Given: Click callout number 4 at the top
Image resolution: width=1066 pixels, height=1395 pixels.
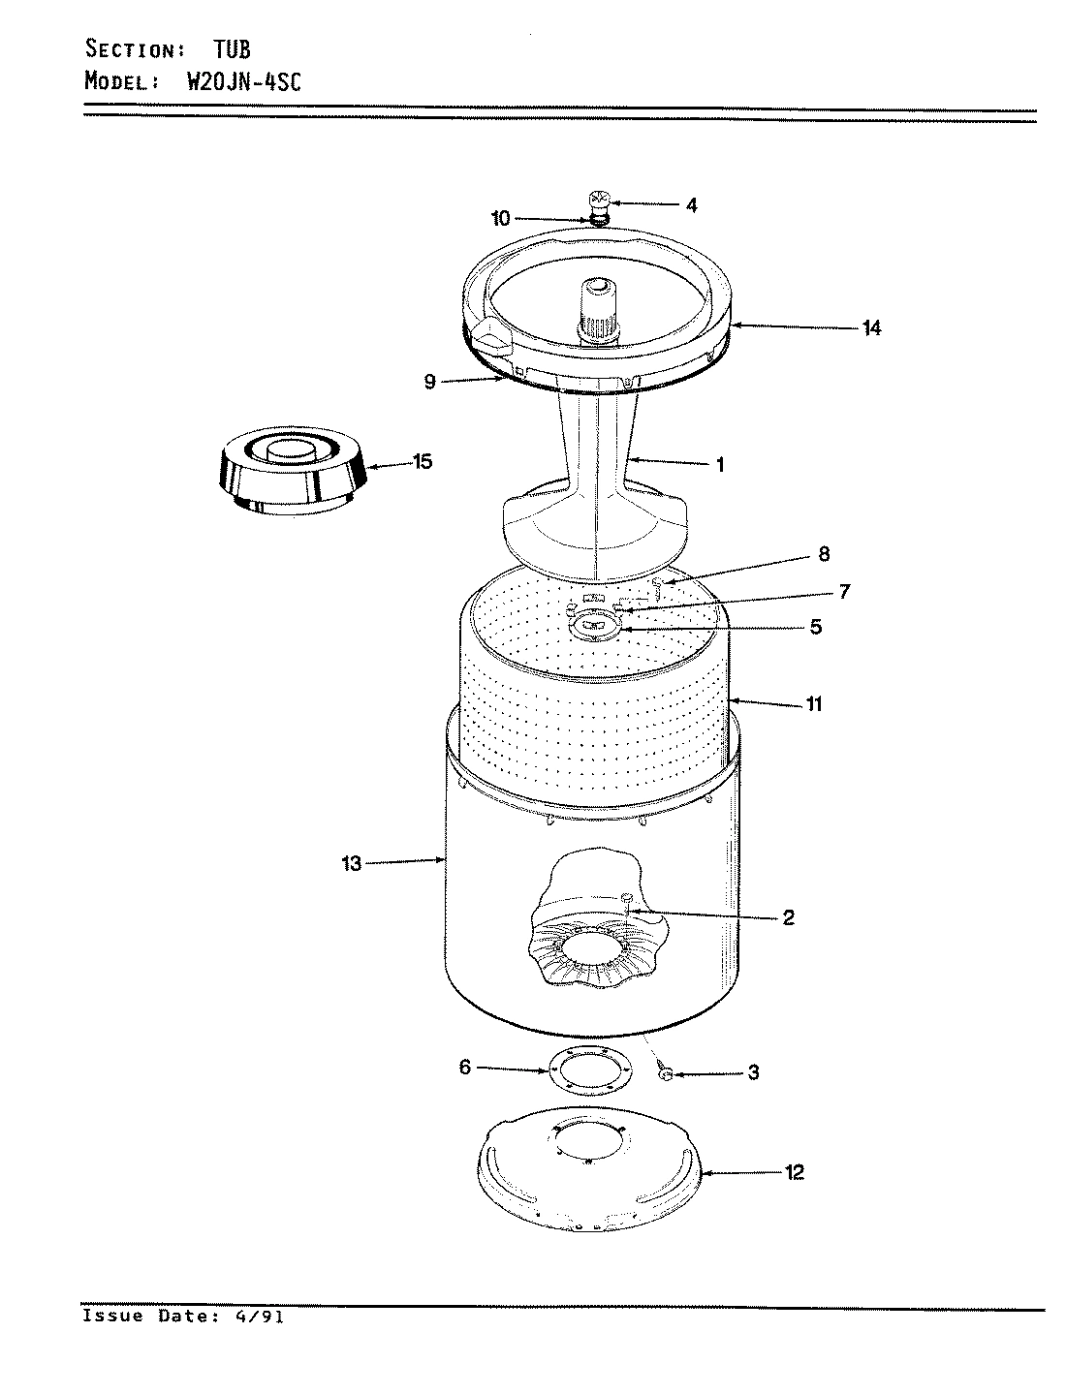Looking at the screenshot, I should click(691, 205).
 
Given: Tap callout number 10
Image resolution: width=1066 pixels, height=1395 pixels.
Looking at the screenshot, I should click(500, 219).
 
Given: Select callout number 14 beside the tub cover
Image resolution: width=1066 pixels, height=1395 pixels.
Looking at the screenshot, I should click(872, 328).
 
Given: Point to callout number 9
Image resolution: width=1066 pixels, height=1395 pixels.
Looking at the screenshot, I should click(430, 382).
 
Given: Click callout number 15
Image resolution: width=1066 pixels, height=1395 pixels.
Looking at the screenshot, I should click(422, 462).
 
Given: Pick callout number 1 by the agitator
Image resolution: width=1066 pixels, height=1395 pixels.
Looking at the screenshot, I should click(720, 465).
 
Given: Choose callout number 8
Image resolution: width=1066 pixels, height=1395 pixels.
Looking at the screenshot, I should click(823, 555).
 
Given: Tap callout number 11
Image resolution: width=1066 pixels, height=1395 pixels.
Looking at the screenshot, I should click(814, 704).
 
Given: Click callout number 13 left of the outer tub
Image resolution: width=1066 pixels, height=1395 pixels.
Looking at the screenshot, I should click(351, 863).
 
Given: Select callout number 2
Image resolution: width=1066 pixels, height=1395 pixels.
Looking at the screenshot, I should click(788, 917).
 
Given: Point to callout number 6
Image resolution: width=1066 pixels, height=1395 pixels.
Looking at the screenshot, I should click(464, 1068).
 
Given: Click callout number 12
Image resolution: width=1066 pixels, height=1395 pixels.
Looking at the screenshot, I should click(795, 1173).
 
